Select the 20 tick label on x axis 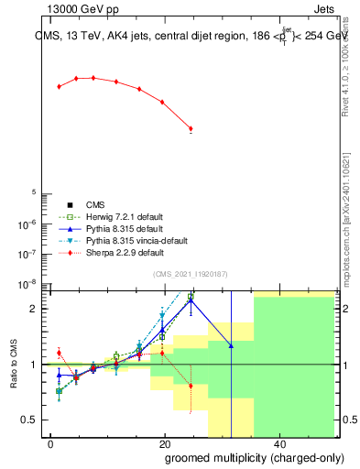tap(165, 443)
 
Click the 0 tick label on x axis tap(51, 443)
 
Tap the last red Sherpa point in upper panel tap(191, 129)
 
